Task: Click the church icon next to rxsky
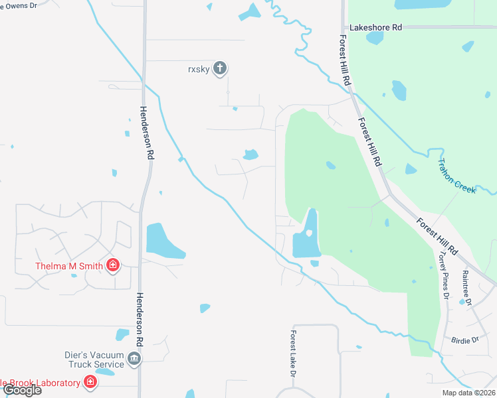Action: pos(221,68)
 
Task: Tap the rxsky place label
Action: pos(198,68)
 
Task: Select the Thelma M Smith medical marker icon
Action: pos(113,267)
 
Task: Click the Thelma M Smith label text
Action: pos(68,267)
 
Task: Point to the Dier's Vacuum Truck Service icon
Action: pos(135,360)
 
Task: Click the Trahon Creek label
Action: pos(456,176)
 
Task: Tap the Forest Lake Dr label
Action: pos(292,354)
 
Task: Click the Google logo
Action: pos(22,390)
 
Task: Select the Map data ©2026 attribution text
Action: pos(468,393)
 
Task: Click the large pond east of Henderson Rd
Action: pos(163,241)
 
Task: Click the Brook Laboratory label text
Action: pos(40,383)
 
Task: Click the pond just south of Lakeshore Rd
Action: pos(375,37)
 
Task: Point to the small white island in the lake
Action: pos(308,233)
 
